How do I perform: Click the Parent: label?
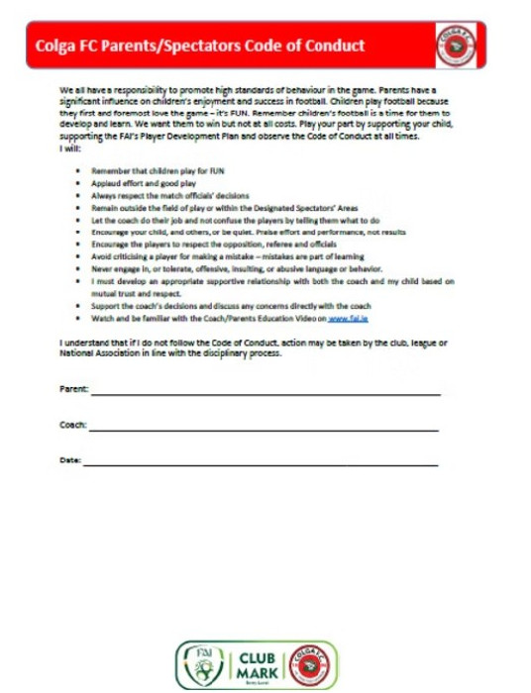(74, 390)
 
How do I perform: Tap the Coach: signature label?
(73, 426)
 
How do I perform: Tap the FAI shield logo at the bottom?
(201, 665)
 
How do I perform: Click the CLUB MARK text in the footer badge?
(251, 663)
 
